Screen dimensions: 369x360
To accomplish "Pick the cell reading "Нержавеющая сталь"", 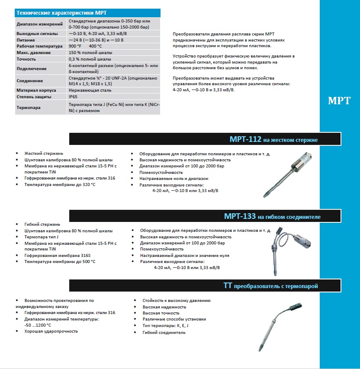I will tap(90, 90).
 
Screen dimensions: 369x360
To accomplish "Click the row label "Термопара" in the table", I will tap(29, 108).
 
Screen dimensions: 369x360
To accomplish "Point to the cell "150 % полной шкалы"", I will tap(90, 52).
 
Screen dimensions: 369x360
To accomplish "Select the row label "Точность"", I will tap(27, 59).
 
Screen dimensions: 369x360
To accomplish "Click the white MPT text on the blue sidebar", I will tap(339, 101).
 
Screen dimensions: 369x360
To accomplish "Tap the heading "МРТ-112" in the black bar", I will tap(245, 139).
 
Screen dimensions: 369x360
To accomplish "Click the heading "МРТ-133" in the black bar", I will tap(240, 216).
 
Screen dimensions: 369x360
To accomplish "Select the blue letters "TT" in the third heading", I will tap(228, 286).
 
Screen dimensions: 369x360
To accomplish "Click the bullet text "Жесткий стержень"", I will tap(44, 154).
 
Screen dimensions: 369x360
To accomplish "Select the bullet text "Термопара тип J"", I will tap(42, 237).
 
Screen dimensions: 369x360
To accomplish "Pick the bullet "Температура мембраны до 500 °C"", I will tap(60, 262).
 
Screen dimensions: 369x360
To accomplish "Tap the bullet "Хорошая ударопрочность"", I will tap(51, 331).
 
